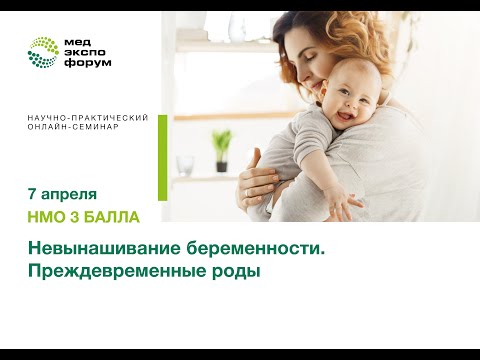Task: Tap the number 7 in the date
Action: (x=33, y=193)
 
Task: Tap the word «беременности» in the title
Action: (x=252, y=249)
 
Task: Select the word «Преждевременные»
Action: (x=111, y=272)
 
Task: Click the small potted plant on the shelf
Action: (x=222, y=151)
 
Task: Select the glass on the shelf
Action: (x=185, y=164)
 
